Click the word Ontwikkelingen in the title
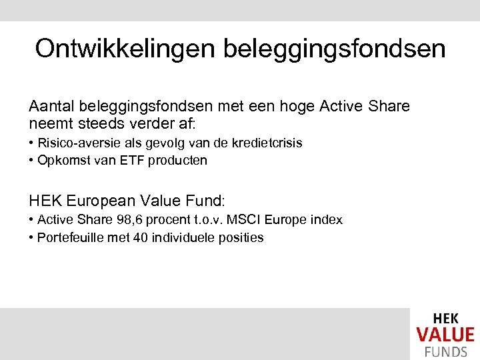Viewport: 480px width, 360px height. tap(125, 49)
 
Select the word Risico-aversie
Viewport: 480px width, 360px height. tap(76, 143)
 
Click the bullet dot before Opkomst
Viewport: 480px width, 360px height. tap(31, 161)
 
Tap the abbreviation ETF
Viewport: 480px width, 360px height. tap(132, 160)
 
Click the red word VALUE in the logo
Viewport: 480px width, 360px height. tap(445, 335)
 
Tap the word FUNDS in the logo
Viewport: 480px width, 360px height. tap(445, 352)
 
